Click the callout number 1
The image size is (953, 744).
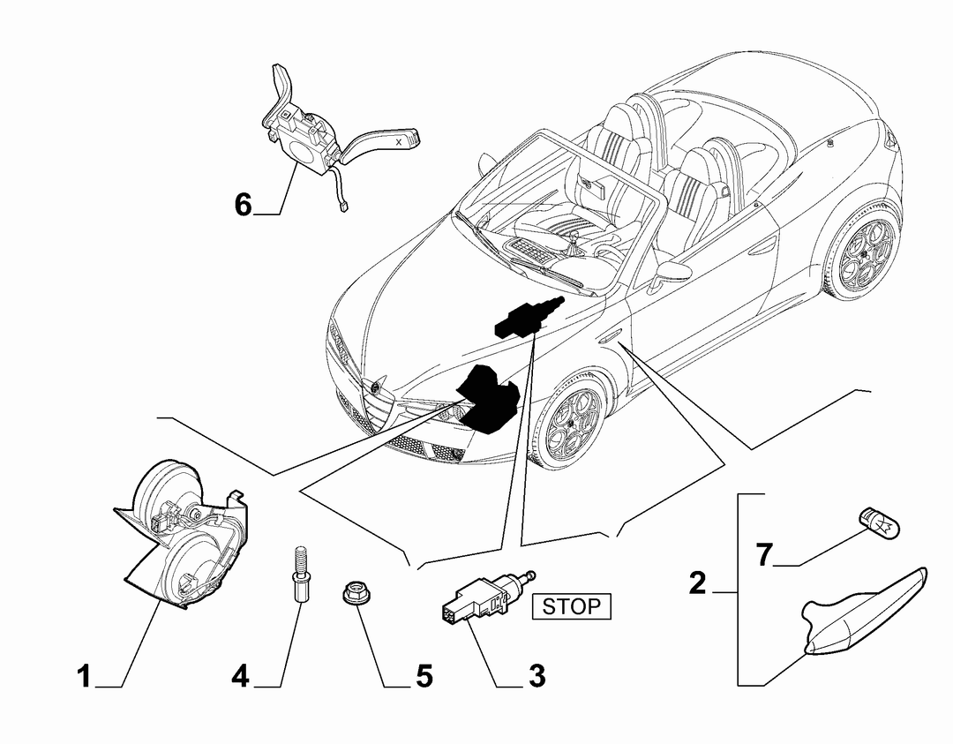[x=85, y=677]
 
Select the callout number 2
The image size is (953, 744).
[x=698, y=583]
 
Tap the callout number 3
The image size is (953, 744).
[x=537, y=676]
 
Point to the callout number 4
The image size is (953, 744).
[x=241, y=677]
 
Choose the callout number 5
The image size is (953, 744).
[x=424, y=676]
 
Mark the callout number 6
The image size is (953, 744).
[x=244, y=204]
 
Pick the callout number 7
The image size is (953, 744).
[x=764, y=554]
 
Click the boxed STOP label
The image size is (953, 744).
[x=571, y=606]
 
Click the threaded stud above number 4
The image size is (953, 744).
[x=299, y=574]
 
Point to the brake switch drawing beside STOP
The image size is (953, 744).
[x=486, y=598]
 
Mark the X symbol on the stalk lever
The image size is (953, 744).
[x=399, y=141]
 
